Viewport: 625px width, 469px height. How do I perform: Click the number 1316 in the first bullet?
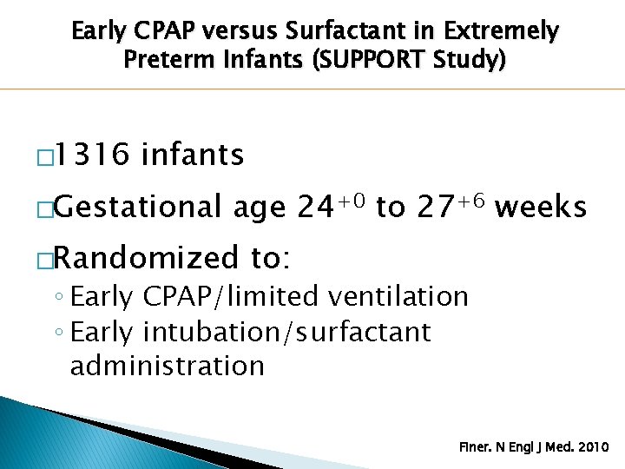[x=90, y=155]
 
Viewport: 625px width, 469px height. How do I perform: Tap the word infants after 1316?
[x=192, y=155]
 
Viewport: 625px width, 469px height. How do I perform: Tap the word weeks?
[x=545, y=208]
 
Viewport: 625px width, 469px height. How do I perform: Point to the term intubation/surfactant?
[x=286, y=331]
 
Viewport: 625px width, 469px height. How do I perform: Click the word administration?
[x=167, y=366]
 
